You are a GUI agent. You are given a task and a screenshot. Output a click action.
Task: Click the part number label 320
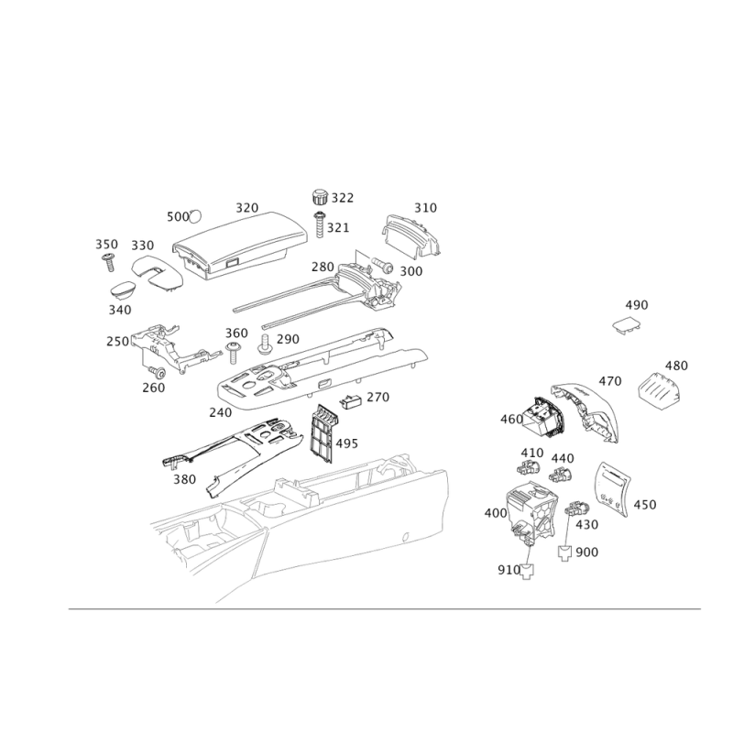[x=246, y=208]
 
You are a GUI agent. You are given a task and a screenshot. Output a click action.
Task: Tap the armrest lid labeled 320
[x=240, y=245]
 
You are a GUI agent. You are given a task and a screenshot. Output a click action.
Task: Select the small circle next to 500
[x=195, y=216]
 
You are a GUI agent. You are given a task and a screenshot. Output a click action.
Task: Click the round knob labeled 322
[x=320, y=196]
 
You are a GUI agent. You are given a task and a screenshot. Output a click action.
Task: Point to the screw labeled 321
[x=320, y=224]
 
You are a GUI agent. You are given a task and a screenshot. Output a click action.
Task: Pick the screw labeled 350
[x=109, y=261]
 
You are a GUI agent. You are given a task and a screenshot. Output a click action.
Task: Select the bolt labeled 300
[x=383, y=265]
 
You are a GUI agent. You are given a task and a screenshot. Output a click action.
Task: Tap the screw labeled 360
[x=234, y=353]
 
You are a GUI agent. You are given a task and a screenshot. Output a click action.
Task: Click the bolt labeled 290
[x=265, y=344]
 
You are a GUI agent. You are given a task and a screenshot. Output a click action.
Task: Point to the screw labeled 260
[x=158, y=372]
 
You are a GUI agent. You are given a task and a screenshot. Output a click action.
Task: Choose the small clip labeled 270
[x=351, y=400]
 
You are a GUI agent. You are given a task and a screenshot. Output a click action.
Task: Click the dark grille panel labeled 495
[x=323, y=433]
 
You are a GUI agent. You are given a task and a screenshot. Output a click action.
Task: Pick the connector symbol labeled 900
[x=565, y=553]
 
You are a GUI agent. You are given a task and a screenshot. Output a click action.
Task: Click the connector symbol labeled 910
[x=528, y=571]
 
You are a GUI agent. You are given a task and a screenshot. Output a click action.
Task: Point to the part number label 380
[x=185, y=479]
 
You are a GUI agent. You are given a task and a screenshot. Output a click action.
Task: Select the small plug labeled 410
[x=528, y=466]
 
